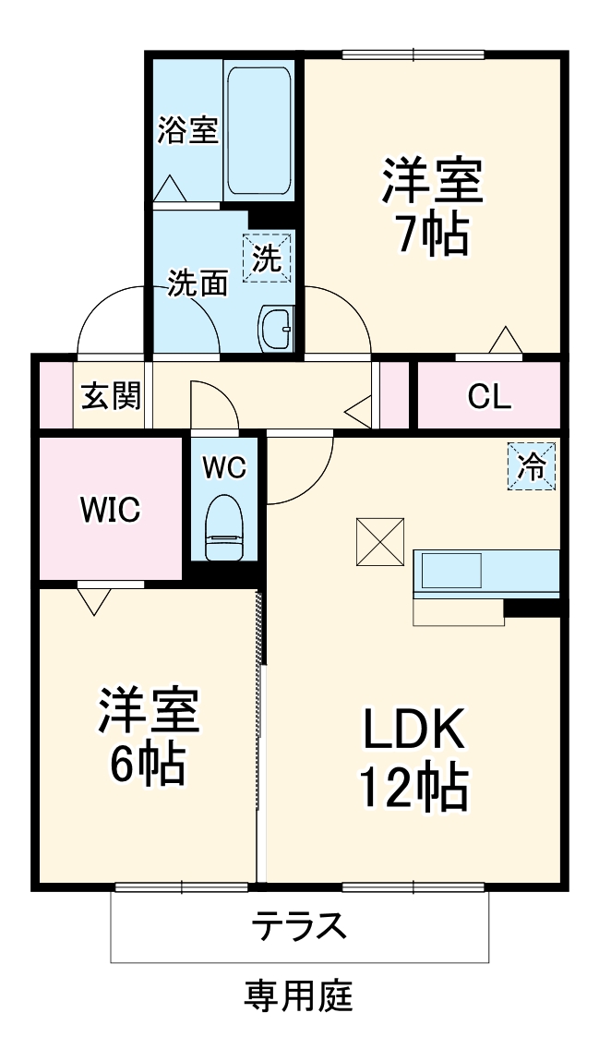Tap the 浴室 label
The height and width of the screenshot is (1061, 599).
click(x=188, y=130)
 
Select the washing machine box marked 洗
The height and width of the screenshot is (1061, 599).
click(x=267, y=258)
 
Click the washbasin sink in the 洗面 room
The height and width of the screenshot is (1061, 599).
click(x=276, y=328)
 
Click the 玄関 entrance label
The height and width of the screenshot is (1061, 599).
click(x=112, y=396)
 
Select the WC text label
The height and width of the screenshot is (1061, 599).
click(x=224, y=467)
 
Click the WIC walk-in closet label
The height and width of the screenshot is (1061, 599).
click(x=110, y=510)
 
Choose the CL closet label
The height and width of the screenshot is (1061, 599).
click(x=489, y=397)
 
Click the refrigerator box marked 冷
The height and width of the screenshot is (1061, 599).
click(x=532, y=466)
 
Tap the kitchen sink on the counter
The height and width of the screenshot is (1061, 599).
click(x=451, y=571)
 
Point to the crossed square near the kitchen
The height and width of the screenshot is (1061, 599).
click(x=380, y=541)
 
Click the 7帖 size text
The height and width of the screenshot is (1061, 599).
click(x=433, y=235)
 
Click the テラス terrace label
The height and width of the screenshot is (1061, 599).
click(x=299, y=925)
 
